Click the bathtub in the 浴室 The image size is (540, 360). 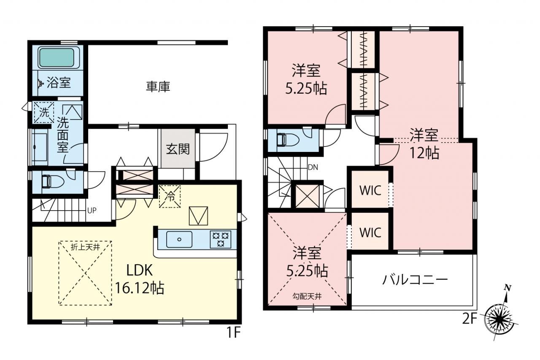coord(57,58)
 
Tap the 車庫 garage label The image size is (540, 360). coord(158,87)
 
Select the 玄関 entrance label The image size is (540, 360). coord(178,149)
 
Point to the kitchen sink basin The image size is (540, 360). coord(179,239)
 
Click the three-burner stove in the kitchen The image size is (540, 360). coord(220,239)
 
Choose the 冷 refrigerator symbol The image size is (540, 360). coord(170,197)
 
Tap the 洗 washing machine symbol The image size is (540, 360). coord(44,113)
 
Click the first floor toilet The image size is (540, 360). coord(52,181)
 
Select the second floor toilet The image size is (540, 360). coord(288,140)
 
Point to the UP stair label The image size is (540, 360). coord(92,211)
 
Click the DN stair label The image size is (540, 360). coord(313,167)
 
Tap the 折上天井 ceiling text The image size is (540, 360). coord(85,247)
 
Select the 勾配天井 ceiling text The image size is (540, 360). coord(307,296)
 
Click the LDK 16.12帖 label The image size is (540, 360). coord(140,279)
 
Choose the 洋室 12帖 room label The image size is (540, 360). coord(424,144)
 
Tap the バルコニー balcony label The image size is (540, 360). coord(415,280)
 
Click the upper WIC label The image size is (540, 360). coord(370,191)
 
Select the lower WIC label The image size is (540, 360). coord(370,233)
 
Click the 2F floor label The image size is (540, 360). coord(470,319)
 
